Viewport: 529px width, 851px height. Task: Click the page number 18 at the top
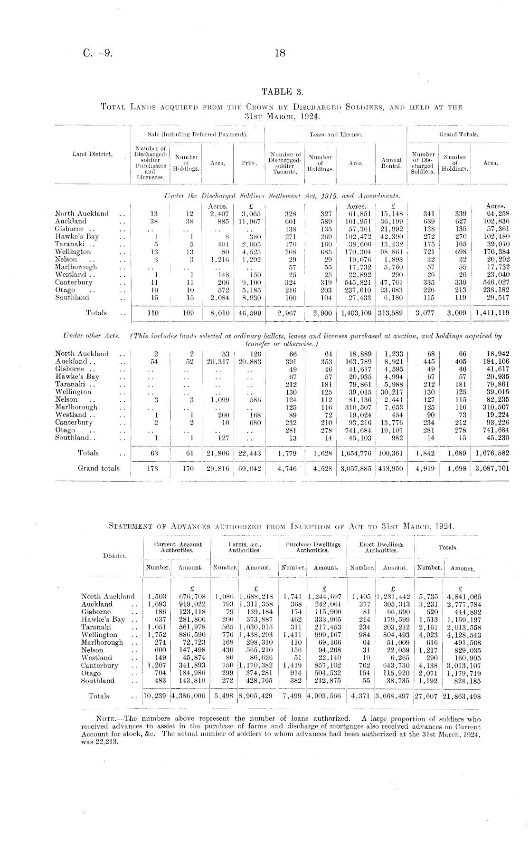(x=280, y=54)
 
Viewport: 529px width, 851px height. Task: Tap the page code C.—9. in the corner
(x=98, y=54)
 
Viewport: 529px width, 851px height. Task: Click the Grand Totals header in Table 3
(x=459, y=135)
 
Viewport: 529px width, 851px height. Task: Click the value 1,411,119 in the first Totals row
(x=491, y=313)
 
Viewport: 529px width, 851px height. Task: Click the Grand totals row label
(x=99, y=468)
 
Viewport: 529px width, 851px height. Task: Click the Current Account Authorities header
(x=178, y=547)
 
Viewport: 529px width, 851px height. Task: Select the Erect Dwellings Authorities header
(x=381, y=547)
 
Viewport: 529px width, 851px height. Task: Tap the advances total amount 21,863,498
(x=461, y=696)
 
